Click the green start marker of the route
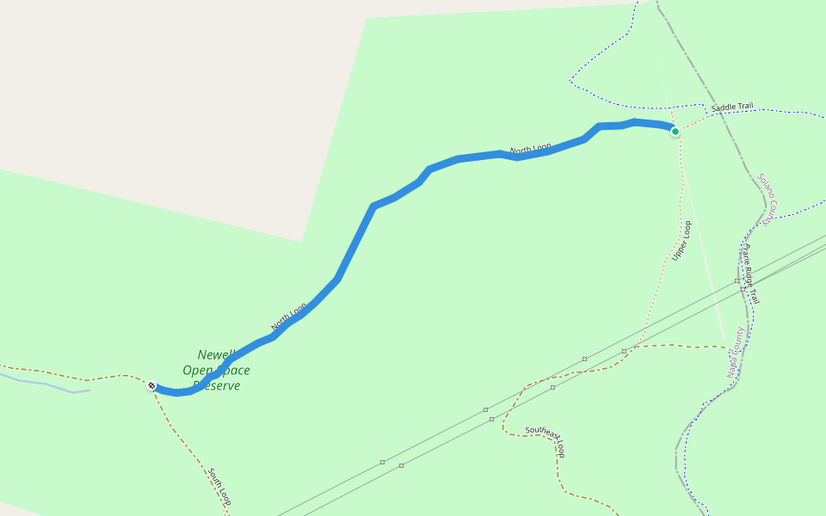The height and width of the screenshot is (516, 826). click(675, 132)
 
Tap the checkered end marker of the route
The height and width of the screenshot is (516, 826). click(151, 385)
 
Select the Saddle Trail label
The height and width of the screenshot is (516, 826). click(731, 107)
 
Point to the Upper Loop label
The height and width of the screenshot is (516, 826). click(682, 241)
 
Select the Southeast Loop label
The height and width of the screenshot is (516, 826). click(546, 439)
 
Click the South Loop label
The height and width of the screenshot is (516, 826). click(219, 487)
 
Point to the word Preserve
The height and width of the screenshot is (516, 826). click(217, 386)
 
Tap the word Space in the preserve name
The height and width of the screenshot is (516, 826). click(234, 371)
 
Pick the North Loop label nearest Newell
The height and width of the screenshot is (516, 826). click(289, 316)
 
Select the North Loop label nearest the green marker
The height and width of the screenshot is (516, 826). click(530, 149)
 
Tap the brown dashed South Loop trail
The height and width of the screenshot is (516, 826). click(185, 439)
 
